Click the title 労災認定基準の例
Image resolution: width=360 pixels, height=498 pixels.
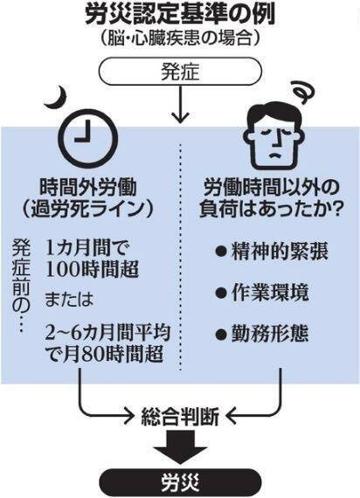coord(180,15)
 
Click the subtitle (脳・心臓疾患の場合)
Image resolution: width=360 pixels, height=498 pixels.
coord(180,39)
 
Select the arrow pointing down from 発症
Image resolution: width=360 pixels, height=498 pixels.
coord(180,105)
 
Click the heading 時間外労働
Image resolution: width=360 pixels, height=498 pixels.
coord(88,187)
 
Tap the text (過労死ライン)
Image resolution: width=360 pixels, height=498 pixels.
coord(87,209)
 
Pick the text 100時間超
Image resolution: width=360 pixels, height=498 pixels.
coord(92,270)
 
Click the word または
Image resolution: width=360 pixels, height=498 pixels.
coord(69,299)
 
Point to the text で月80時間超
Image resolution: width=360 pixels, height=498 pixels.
coord(105,354)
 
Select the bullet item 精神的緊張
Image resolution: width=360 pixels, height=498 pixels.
coord(272,251)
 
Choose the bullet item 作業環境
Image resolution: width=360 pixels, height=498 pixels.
coord(262,292)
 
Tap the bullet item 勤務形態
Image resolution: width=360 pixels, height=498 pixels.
coord(262,334)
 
